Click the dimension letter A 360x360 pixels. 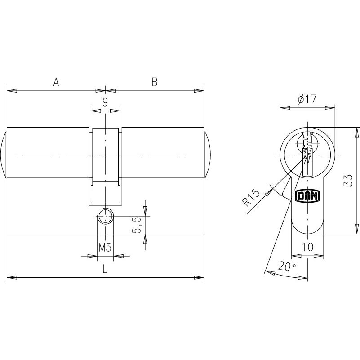[x=56, y=82]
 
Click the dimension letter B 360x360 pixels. [x=154, y=82]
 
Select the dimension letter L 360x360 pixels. [x=105, y=269]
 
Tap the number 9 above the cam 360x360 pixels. [x=105, y=102]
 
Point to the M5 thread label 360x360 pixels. [x=105, y=247]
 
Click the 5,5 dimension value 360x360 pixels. [x=137, y=224]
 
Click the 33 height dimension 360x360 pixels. [x=347, y=181]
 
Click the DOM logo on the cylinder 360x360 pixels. [x=307, y=196]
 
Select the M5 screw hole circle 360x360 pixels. [x=105, y=217]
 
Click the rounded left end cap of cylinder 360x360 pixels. [x=4, y=155]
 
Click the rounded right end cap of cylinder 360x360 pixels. [x=207, y=155]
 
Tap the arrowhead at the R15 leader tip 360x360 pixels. [x=270, y=191]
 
